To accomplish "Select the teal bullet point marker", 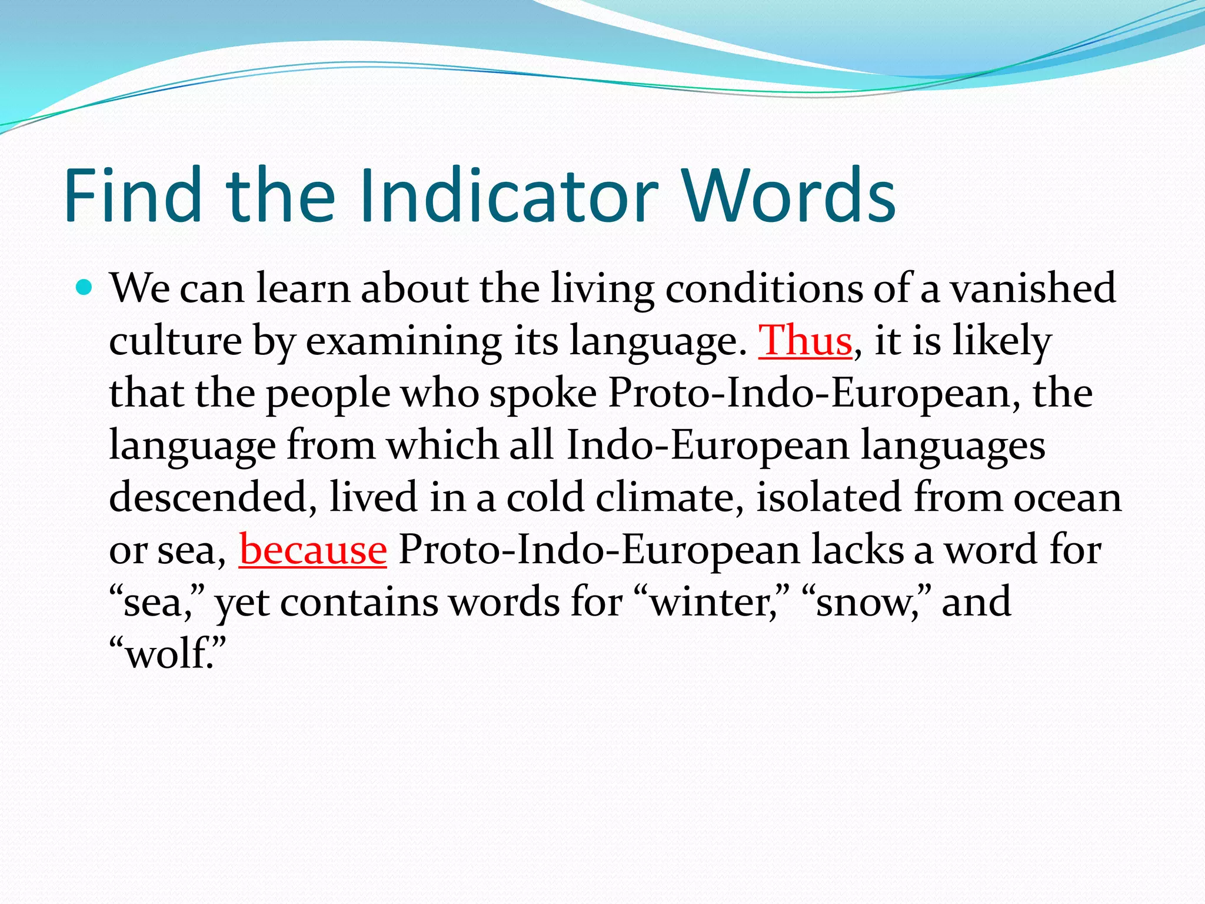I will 85,288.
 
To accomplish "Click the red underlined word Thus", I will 805,341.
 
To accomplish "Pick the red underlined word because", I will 312,550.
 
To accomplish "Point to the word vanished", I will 1033,288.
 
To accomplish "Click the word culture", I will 175,341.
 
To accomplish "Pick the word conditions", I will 763,288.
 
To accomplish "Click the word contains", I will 358,602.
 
